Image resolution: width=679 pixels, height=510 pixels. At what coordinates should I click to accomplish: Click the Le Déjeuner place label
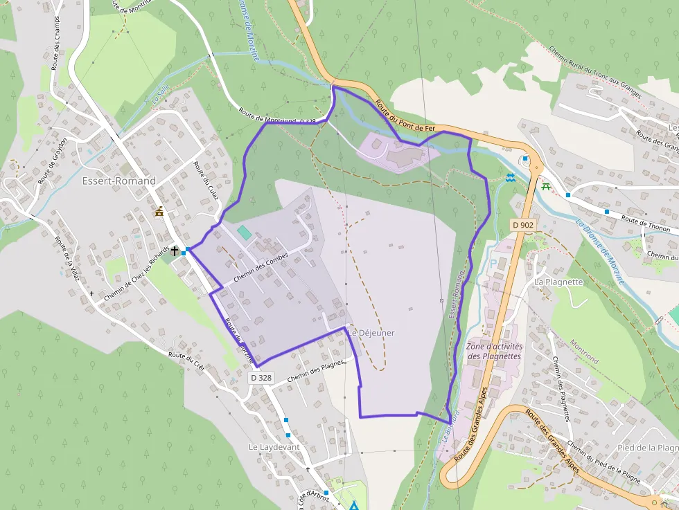(x=372, y=333)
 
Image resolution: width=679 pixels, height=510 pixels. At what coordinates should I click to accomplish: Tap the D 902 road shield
(x=523, y=225)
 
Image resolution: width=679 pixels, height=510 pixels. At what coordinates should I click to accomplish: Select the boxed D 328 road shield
(x=261, y=378)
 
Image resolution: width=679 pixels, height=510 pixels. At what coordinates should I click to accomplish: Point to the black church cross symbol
(x=175, y=251)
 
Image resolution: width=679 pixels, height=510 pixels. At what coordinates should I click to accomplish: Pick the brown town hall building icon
(x=160, y=211)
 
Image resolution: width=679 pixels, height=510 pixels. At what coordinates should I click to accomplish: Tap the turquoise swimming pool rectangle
(x=244, y=232)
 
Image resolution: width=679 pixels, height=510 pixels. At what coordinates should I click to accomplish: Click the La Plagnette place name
(x=558, y=282)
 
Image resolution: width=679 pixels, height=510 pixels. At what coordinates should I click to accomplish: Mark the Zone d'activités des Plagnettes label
(x=494, y=351)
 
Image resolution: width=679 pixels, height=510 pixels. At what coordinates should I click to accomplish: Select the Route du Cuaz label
(x=206, y=181)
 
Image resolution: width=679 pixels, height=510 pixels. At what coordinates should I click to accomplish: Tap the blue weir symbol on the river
(x=511, y=177)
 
